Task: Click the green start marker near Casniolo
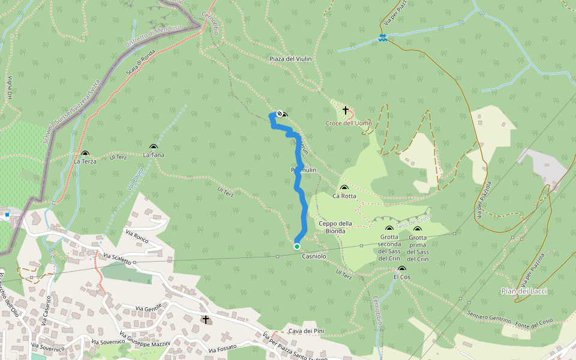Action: (x=297, y=246)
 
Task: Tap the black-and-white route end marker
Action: (x=280, y=113)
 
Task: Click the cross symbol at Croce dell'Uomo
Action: (x=346, y=110)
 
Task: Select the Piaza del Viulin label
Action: (x=290, y=59)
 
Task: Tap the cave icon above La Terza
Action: (x=85, y=154)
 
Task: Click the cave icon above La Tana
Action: (x=154, y=148)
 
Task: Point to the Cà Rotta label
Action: (x=344, y=196)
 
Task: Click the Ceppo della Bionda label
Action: (x=335, y=227)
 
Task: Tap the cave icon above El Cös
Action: (x=401, y=269)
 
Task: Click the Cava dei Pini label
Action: (x=302, y=331)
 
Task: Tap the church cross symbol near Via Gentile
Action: (x=206, y=320)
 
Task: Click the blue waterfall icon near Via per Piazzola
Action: (x=382, y=38)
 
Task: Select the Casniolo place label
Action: (x=314, y=256)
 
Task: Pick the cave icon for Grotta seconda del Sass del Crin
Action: (x=389, y=229)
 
